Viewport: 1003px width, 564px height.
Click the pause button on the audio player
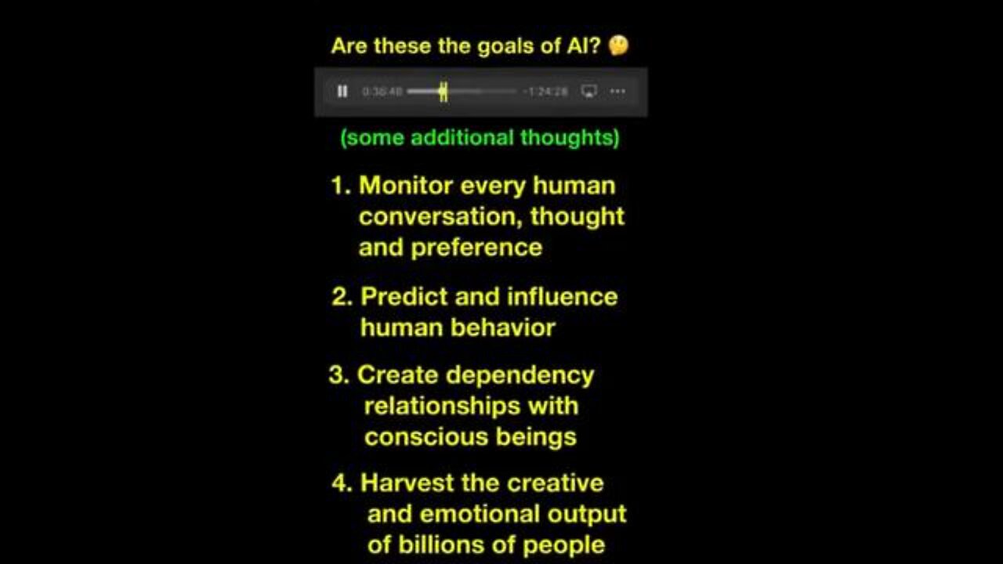(342, 92)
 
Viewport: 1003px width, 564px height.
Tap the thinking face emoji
(618, 46)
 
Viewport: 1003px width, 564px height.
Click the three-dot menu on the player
(617, 92)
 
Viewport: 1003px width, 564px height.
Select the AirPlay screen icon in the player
(589, 92)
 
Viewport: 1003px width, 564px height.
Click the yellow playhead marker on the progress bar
(443, 92)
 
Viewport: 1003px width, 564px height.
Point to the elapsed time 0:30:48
(382, 92)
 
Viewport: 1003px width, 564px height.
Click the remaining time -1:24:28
(548, 92)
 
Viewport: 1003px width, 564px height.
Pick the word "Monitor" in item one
(406, 186)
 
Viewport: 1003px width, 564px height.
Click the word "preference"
(476, 248)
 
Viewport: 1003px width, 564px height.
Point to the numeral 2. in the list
(342, 297)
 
